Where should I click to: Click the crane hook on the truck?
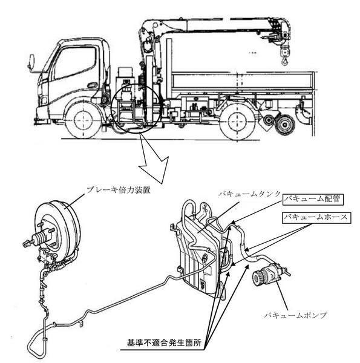(x=285, y=61)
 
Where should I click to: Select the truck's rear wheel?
(x=238, y=122)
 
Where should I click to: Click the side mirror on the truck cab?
(x=31, y=62)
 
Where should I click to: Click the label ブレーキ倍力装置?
(x=118, y=190)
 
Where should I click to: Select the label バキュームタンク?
(x=249, y=194)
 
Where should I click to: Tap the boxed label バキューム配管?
(x=313, y=199)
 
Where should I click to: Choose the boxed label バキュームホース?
(x=316, y=218)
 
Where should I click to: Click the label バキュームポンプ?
(x=296, y=315)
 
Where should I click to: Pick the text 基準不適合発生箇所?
(x=164, y=343)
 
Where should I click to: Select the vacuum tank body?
(x=199, y=255)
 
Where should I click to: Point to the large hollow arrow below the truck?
(x=153, y=162)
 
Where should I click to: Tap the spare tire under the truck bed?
(x=284, y=125)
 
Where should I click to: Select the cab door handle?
(x=93, y=85)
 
